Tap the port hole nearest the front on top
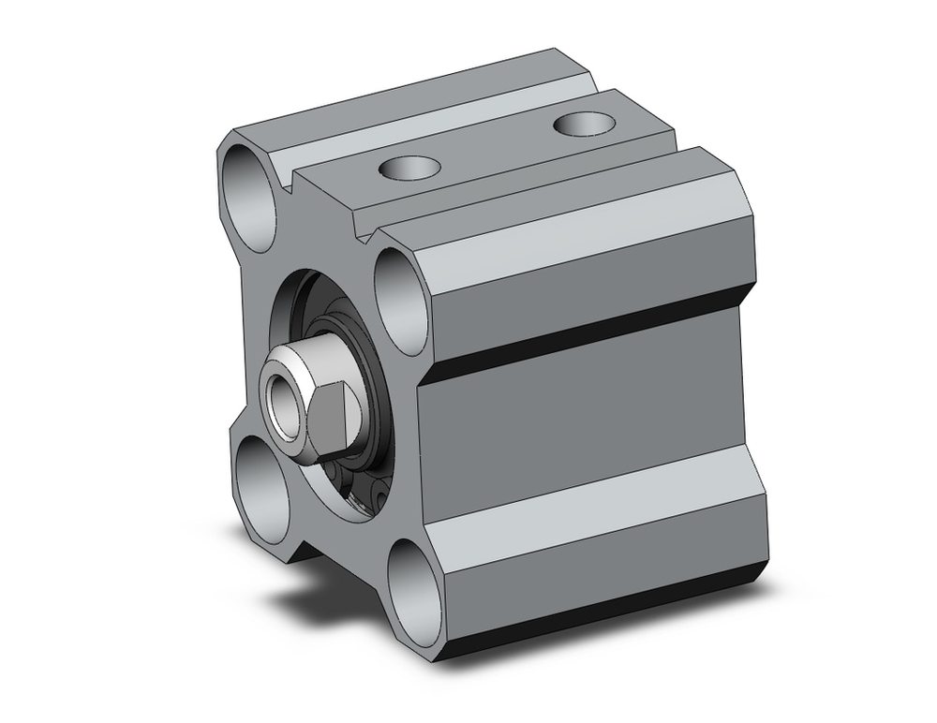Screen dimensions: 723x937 coord(409,169)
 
